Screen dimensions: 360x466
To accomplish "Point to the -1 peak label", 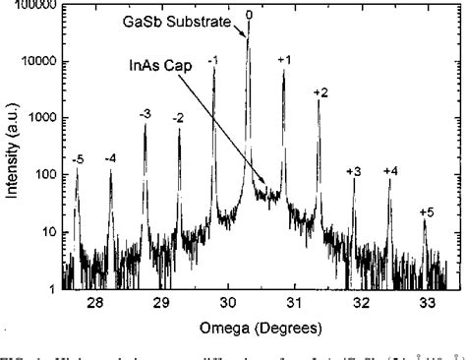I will (x=213, y=61).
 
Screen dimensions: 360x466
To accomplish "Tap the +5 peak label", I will (x=426, y=211).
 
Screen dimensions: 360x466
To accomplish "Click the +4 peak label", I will (x=390, y=171).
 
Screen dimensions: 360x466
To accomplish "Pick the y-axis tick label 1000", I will (x=41, y=118).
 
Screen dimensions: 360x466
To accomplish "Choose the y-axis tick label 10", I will (x=46, y=232).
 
